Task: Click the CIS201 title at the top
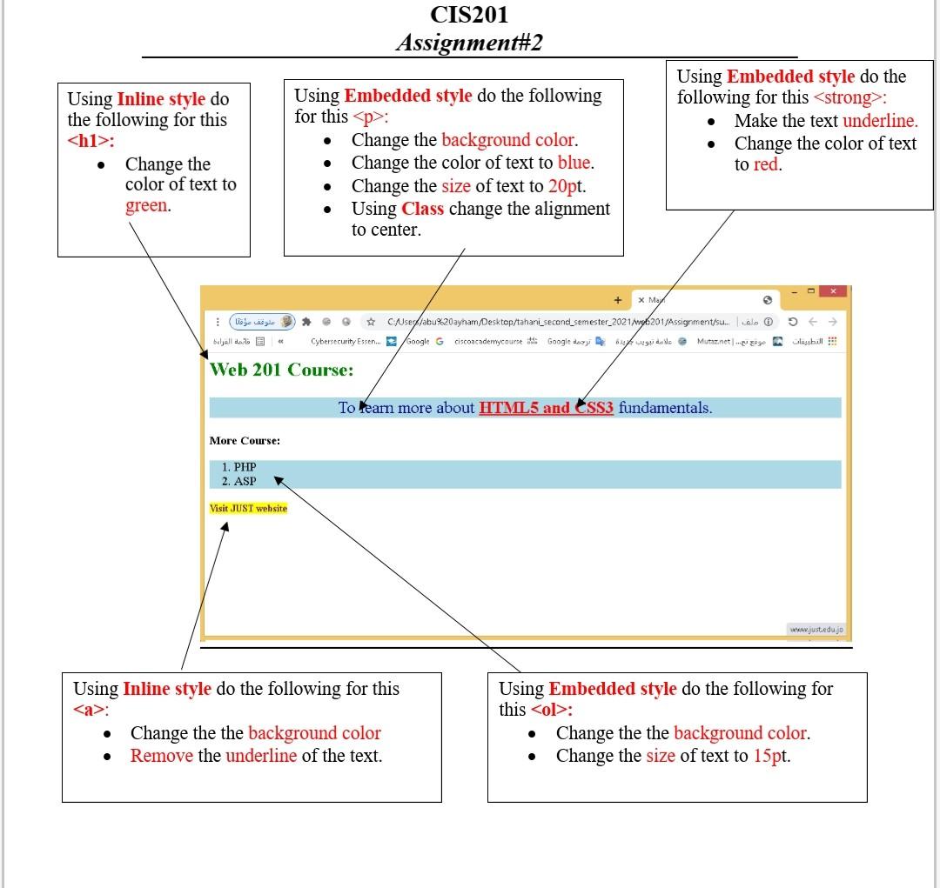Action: click(x=469, y=15)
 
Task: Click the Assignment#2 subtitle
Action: click(x=469, y=43)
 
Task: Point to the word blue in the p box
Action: click(x=574, y=163)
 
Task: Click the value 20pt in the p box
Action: click(x=567, y=186)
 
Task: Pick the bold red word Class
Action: click(x=423, y=209)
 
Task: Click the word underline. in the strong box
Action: click(x=880, y=121)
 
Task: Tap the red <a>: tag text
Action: click(x=90, y=710)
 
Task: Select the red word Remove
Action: click(x=162, y=756)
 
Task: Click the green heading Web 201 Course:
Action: click(x=282, y=370)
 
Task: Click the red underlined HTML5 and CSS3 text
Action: click(x=546, y=408)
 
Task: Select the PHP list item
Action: click(x=245, y=467)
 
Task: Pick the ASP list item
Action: click(x=245, y=481)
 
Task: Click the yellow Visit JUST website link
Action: click(x=249, y=508)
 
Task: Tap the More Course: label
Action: click(x=245, y=441)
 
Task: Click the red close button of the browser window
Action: click(x=833, y=291)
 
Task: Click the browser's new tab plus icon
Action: click(x=617, y=300)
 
